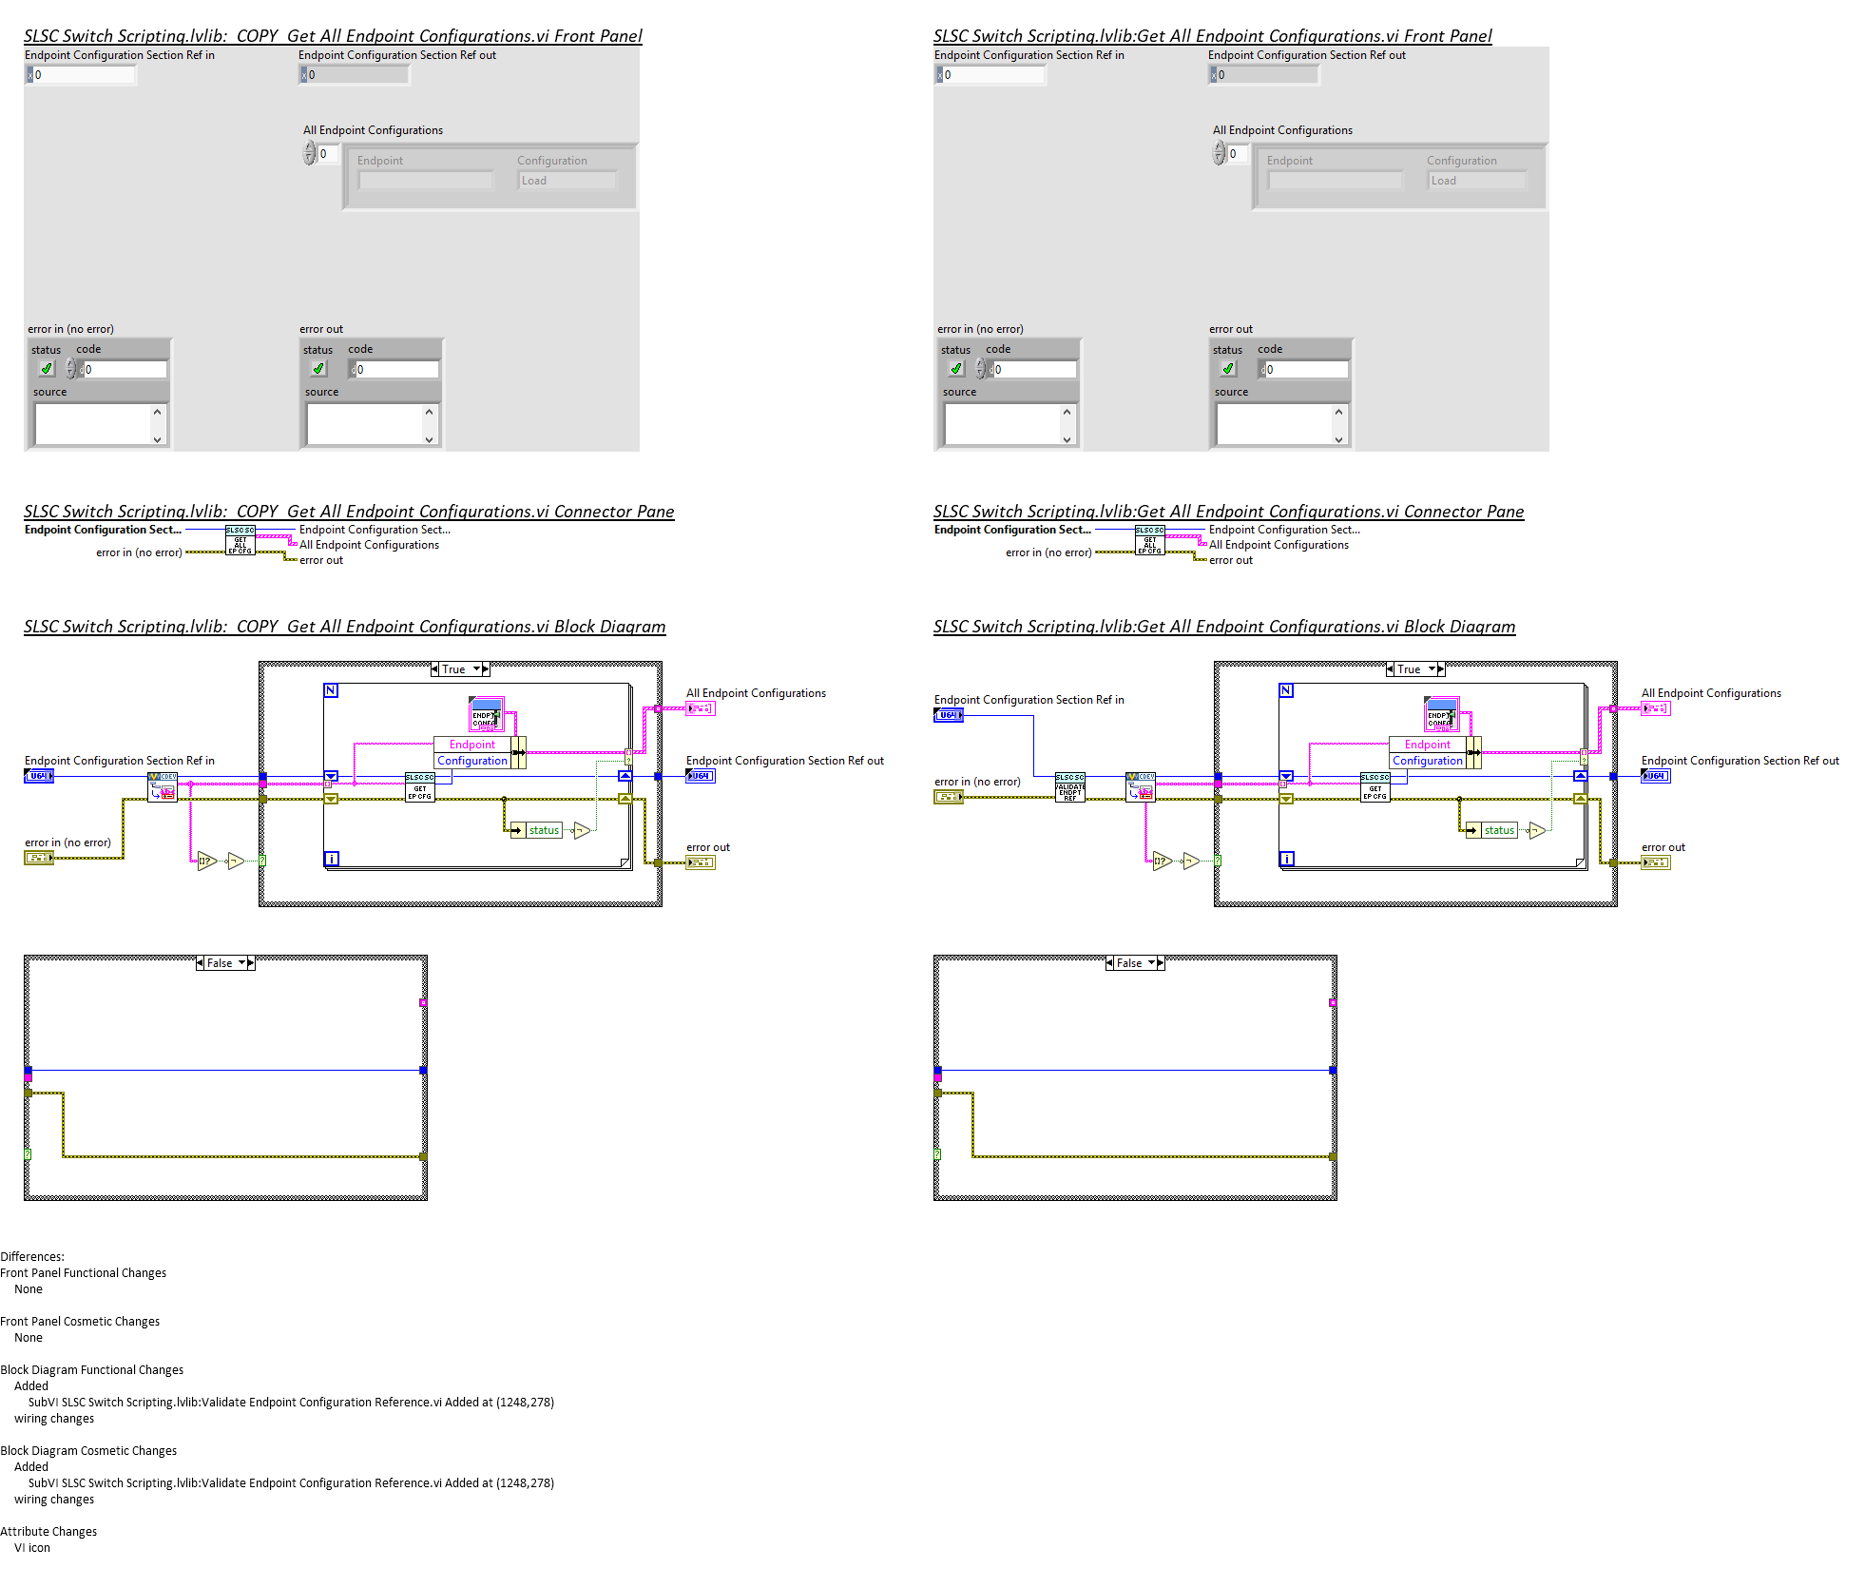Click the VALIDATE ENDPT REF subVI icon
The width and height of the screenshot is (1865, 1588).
click(1069, 787)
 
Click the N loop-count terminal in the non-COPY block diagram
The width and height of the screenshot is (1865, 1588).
click(1286, 690)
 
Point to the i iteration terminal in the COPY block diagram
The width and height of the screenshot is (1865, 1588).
click(331, 859)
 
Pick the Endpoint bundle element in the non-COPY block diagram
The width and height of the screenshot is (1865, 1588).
click(1427, 745)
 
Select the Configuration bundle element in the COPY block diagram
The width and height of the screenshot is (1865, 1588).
click(472, 761)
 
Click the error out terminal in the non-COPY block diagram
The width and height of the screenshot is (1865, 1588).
click(1655, 862)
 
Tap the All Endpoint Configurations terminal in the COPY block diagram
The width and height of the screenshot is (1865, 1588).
click(700, 708)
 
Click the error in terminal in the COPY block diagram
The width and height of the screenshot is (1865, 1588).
click(38, 858)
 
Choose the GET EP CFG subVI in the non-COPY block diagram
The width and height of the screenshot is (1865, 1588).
click(1375, 787)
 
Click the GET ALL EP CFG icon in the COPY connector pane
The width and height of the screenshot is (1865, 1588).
click(240, 540)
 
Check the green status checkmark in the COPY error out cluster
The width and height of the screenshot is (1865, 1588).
click(318, 369)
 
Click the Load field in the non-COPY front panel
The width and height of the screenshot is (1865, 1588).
click(1476, 181)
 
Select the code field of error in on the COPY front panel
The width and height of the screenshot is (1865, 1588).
click(124, 370)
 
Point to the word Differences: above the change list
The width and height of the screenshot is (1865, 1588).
click(32, 1256)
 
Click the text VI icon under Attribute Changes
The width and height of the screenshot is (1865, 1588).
click(32, 1548)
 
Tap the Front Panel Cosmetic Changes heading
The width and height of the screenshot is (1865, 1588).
click(80, 1322)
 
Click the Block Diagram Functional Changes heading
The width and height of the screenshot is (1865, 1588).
click(91, 1370)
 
